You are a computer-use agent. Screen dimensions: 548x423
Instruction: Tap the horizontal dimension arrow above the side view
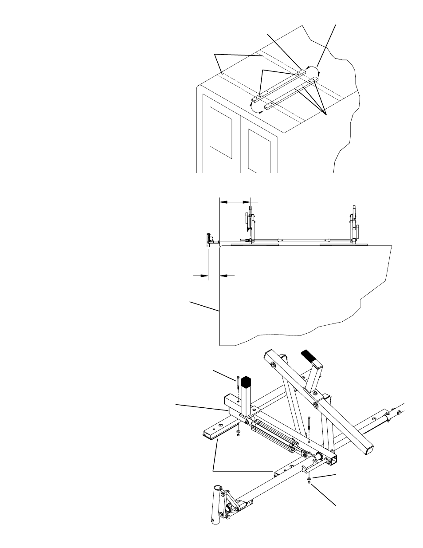(x=235, y=201)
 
